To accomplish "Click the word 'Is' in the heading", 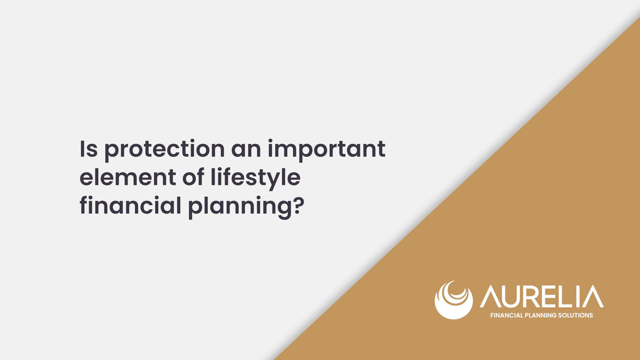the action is point(89,149).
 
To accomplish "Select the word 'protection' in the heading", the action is point(165,150).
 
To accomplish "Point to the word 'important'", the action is point(327,150).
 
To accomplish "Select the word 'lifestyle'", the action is point(256,179).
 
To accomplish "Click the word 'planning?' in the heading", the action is point(246,207).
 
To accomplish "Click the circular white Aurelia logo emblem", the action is point(454,300).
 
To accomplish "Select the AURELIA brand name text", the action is point(542,296).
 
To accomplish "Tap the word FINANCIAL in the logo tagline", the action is point(507,315).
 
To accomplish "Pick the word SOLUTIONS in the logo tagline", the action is point(576,315).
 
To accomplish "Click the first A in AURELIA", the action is point(491,296).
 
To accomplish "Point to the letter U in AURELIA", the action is point(513,297).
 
